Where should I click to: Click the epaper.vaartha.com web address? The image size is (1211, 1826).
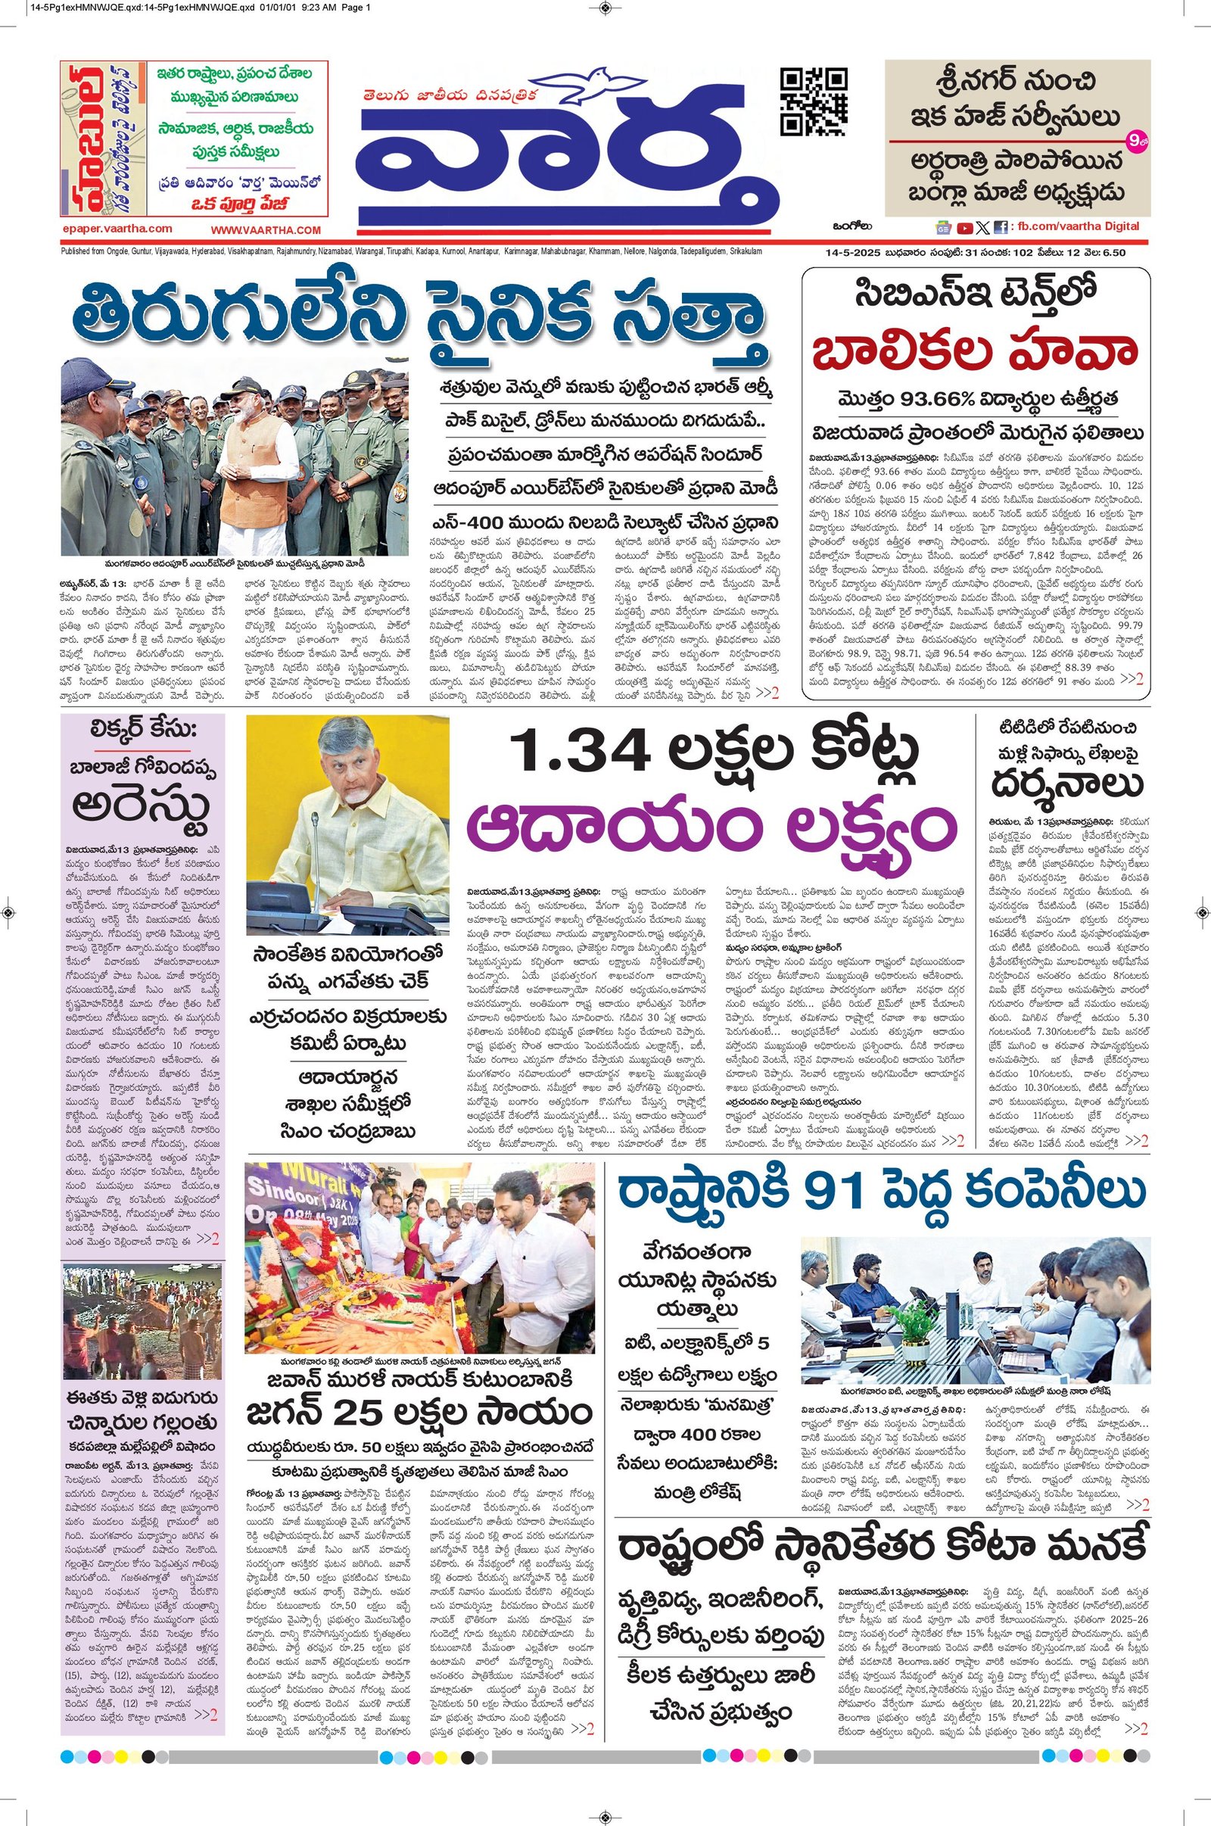point(118,229)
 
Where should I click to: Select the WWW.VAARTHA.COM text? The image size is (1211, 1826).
point(266,229)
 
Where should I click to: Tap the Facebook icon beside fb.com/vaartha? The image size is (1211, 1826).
point(1000,227)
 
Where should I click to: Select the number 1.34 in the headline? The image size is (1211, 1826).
point(575,753)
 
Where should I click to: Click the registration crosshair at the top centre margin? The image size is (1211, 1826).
point(605,8)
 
